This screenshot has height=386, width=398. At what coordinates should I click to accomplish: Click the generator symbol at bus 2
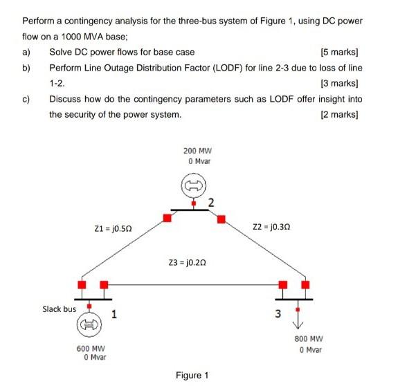coord(193,185)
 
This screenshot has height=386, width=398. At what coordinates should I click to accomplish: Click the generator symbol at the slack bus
coord(89,324)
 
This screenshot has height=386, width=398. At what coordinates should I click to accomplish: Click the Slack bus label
coord(59,309)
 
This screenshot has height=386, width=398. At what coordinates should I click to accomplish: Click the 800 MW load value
coord(309,340)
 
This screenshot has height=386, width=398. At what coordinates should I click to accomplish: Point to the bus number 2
coord(211,203)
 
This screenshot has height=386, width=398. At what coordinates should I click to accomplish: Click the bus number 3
coord(278,315)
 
